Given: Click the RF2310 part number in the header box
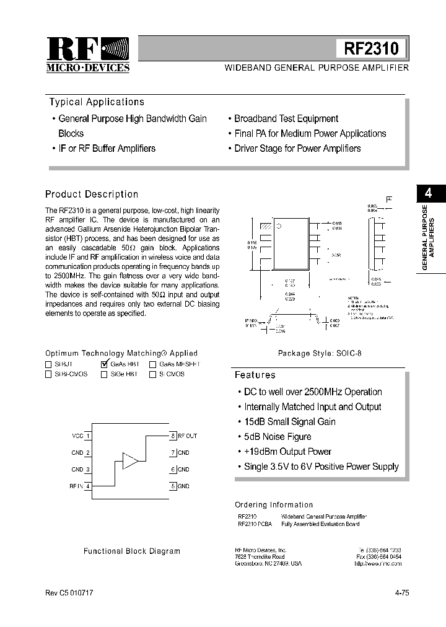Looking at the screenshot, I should (x=371, y=48).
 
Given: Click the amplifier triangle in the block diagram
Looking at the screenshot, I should (x=131, y=460).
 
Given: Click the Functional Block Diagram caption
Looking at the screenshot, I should (x=132, y=551).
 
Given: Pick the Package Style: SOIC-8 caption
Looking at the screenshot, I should (x=319, y=353).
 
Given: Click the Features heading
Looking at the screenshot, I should (x=255, y=375).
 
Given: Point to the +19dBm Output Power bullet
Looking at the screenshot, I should (x=287, y=452).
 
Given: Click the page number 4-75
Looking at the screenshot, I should (x=401, y=593).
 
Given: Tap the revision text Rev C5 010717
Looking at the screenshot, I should (x=69, y=593).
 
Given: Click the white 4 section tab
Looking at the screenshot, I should (x=428, y=193).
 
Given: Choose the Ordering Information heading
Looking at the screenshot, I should (x=274, y=505).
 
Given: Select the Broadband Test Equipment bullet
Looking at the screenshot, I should (x=286, y=118).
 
